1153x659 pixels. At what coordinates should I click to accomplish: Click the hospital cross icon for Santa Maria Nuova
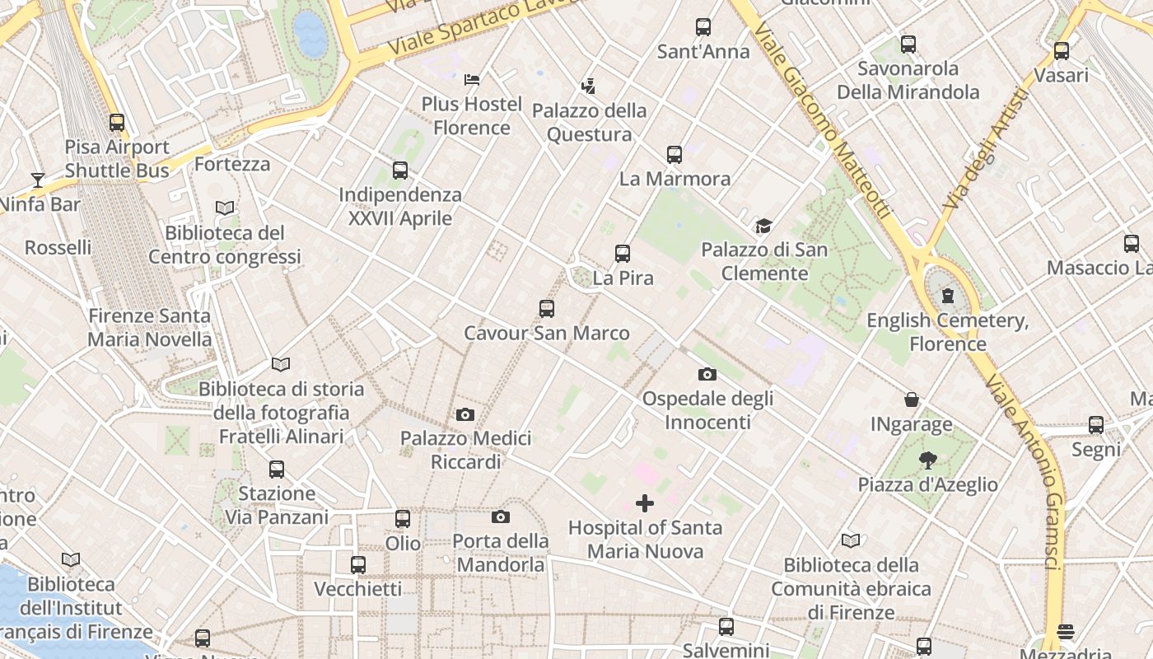pos(645,502)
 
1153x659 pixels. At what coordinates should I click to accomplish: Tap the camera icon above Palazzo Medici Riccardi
pos(465,414)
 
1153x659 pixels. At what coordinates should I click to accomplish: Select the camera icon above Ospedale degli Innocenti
pos(707,375)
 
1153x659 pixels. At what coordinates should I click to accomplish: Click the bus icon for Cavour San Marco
pos(547,309)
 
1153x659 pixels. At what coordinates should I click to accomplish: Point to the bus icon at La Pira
pos(623,254)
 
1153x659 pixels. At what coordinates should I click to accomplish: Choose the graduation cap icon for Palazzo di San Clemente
pos(763,226)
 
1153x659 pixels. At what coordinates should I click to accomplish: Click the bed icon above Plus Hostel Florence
pos(472,80)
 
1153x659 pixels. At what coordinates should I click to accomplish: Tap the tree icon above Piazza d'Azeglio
pos(928,460)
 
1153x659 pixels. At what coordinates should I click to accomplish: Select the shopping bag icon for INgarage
pos(912,400)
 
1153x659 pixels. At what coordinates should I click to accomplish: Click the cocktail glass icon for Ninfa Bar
pos(37,180)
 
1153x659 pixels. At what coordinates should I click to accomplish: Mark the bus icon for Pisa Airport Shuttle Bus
pos(117,123)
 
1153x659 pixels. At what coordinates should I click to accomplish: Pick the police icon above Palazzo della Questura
pos(588,86)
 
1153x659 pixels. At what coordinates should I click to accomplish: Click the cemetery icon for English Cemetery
pos(948,296)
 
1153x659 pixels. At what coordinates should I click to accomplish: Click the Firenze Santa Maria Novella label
pos(149,327)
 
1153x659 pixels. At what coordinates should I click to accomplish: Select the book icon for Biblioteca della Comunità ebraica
pos(851,541)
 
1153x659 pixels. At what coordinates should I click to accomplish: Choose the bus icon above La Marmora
pos(675,154)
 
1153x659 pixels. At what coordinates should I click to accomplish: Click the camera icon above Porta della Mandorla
pos(500,517)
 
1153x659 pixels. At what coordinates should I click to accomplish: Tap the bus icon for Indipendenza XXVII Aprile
pos(400,171)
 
